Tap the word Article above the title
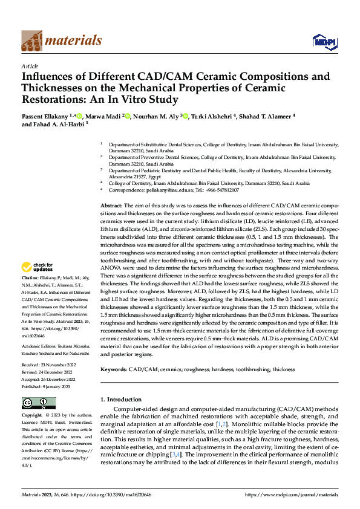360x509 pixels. click(x=30, y=66)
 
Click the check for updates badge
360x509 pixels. click(x=39, y=267)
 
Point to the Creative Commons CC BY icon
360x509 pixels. click(x=38, y=403)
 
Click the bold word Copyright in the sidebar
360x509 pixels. click(x=33, y=415)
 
